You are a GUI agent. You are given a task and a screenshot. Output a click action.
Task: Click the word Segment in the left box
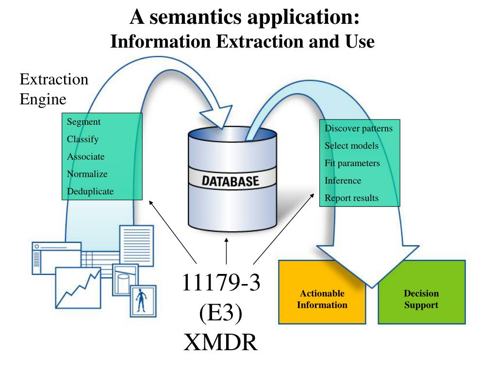pyautogui.click(x=83, y=122)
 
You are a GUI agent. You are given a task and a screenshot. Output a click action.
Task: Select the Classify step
pyautogui.click(x=83, y=139)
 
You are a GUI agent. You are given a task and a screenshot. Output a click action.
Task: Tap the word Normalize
pyautogui.click(x=87, y=174)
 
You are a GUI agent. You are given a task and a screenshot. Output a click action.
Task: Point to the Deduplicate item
pyautogui.click(x=90, y=191)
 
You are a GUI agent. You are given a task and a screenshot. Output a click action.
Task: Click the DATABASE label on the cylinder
pyautogui.click(x=231, y=181)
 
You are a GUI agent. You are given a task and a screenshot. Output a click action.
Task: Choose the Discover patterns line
pyautogui.click(x=359, y=128)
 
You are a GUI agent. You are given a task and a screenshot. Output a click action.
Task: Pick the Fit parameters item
pyautogui.click(x=352, y=163)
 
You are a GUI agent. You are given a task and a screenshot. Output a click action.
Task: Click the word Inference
pyautogui.click(x=343, y=181)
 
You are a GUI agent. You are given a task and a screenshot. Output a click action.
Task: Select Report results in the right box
pyautogui.click(x=351, y=198)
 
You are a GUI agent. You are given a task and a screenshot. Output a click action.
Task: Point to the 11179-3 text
pyautogui.click(x=221, y=282)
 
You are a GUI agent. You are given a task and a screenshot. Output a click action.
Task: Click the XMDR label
pyautogui.click(x=221, y=342)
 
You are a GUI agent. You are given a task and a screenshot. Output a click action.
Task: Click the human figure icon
pyautogui.click(x=141, y=300)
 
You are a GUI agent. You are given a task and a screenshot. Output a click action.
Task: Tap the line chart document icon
pyautogui.click(x=78, y=288)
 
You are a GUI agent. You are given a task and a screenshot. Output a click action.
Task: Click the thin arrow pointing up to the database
pyautogui.click(x=226, y=251)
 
